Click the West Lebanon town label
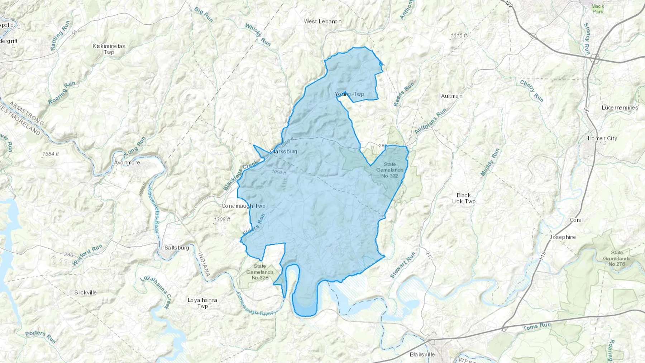click(322, 22)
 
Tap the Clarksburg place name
click(284, 152)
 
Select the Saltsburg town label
click(176, 248)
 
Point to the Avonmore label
click(127, 163)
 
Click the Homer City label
click(602, 138)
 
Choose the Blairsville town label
click(422, 354)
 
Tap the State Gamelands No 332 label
click(390, 170)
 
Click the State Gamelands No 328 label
click(260, 272)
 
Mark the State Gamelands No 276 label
click(616, 258)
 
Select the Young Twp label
click(349, 94)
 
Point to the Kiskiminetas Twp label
click(109, 49)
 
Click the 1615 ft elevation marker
click(459, 36)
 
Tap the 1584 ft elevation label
click(51, 154)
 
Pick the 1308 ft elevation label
click(222, 219)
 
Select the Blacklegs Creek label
click(240, 175)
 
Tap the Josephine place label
click(563, 237)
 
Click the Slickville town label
click(85, 292)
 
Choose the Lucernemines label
click(620, 108)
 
